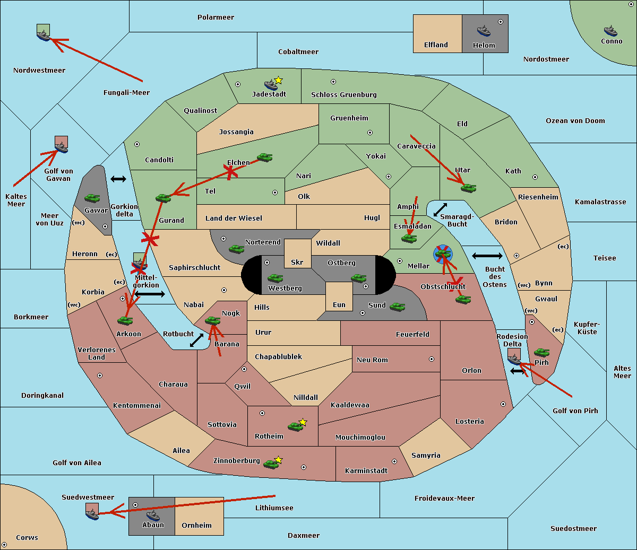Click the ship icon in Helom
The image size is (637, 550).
click(483, 31)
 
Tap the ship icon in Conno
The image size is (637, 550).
click(610, 31)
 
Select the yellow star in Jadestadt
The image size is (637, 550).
click(279, 80)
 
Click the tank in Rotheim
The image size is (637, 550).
click(295, 426)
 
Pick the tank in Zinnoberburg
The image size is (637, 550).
click(271, 464)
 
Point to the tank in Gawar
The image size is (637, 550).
click(92, 198)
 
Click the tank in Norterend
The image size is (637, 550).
click(236, 249)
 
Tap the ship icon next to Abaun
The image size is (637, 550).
click(153, 515)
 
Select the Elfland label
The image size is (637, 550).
click(436, 45)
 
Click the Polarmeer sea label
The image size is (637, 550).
click(216, 18)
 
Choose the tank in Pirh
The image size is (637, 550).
click(541, 352)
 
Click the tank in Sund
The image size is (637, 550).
click(397, 307)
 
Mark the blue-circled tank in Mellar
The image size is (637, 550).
click(443, 254)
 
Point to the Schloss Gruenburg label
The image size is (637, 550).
click(343, 95)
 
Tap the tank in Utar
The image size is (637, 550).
click(468, 188)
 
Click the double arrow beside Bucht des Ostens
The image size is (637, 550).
click(487, 256)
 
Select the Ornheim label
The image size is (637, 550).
click(196, 526)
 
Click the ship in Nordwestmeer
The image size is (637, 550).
click(43, 35)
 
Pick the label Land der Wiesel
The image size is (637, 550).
click(234, 218)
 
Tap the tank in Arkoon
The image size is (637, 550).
click(125, 320)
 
